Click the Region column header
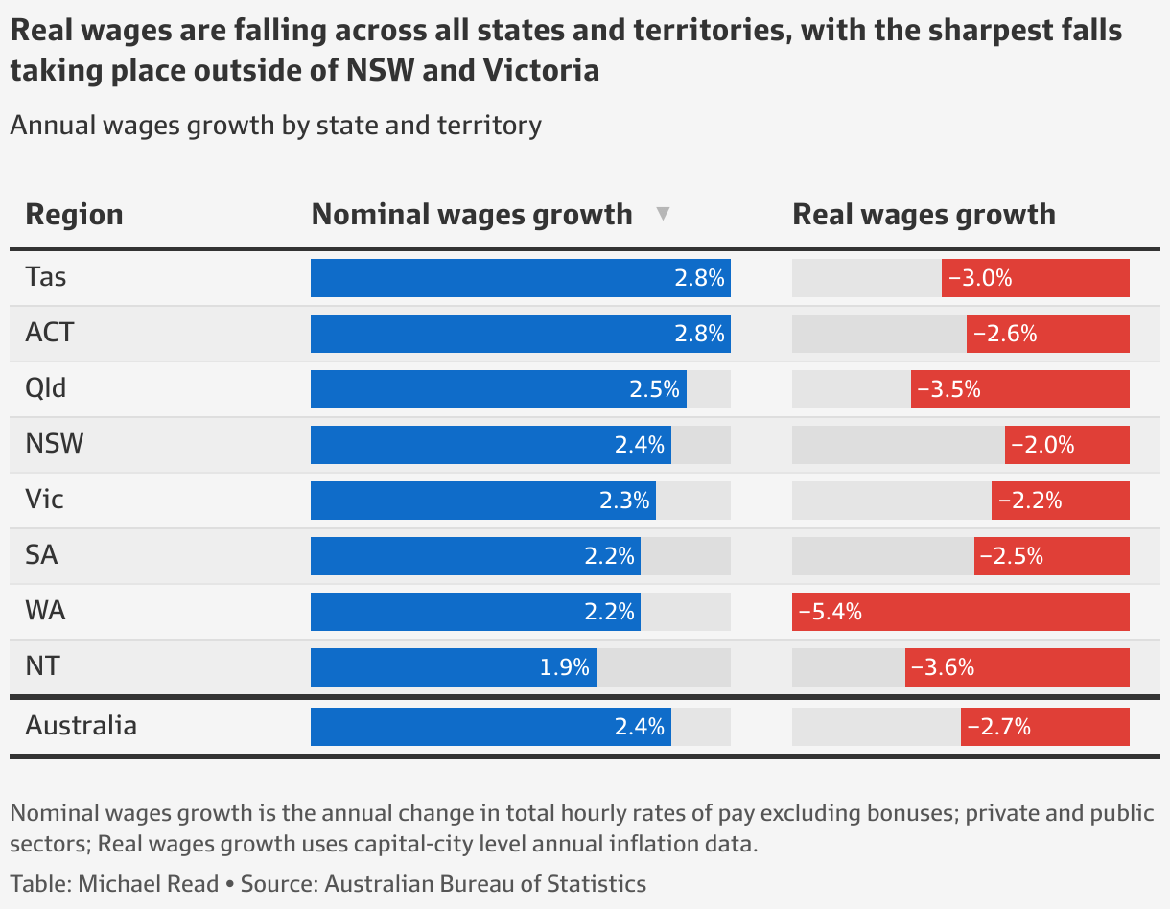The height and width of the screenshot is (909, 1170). [x=74, y=214]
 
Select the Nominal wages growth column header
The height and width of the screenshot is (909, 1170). [x=472, y=214]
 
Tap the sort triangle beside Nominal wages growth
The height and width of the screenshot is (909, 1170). [x=663, y=214]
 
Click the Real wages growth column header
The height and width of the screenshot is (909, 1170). [x=924, y=214]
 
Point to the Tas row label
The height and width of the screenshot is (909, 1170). [x=46, y=278]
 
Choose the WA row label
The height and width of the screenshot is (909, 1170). [x=45, y=611]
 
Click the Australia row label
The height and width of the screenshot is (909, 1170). [x=81, y=725]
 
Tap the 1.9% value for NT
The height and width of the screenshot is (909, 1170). [x=564, y=667]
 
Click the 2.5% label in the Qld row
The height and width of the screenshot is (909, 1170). [x=654, y=389]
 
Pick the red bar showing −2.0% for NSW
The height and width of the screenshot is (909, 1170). [x=1066, y=445]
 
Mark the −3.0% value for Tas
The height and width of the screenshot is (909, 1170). [x=980, y=278]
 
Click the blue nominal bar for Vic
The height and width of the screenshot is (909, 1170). [x=482, y=501]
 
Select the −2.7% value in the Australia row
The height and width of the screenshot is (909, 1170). [x=998, y=727]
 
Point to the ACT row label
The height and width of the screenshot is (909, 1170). [x=50, y=334]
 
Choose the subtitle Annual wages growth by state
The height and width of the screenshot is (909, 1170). [x=275, y=126]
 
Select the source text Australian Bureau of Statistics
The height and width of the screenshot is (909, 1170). [x=485, y=883]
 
